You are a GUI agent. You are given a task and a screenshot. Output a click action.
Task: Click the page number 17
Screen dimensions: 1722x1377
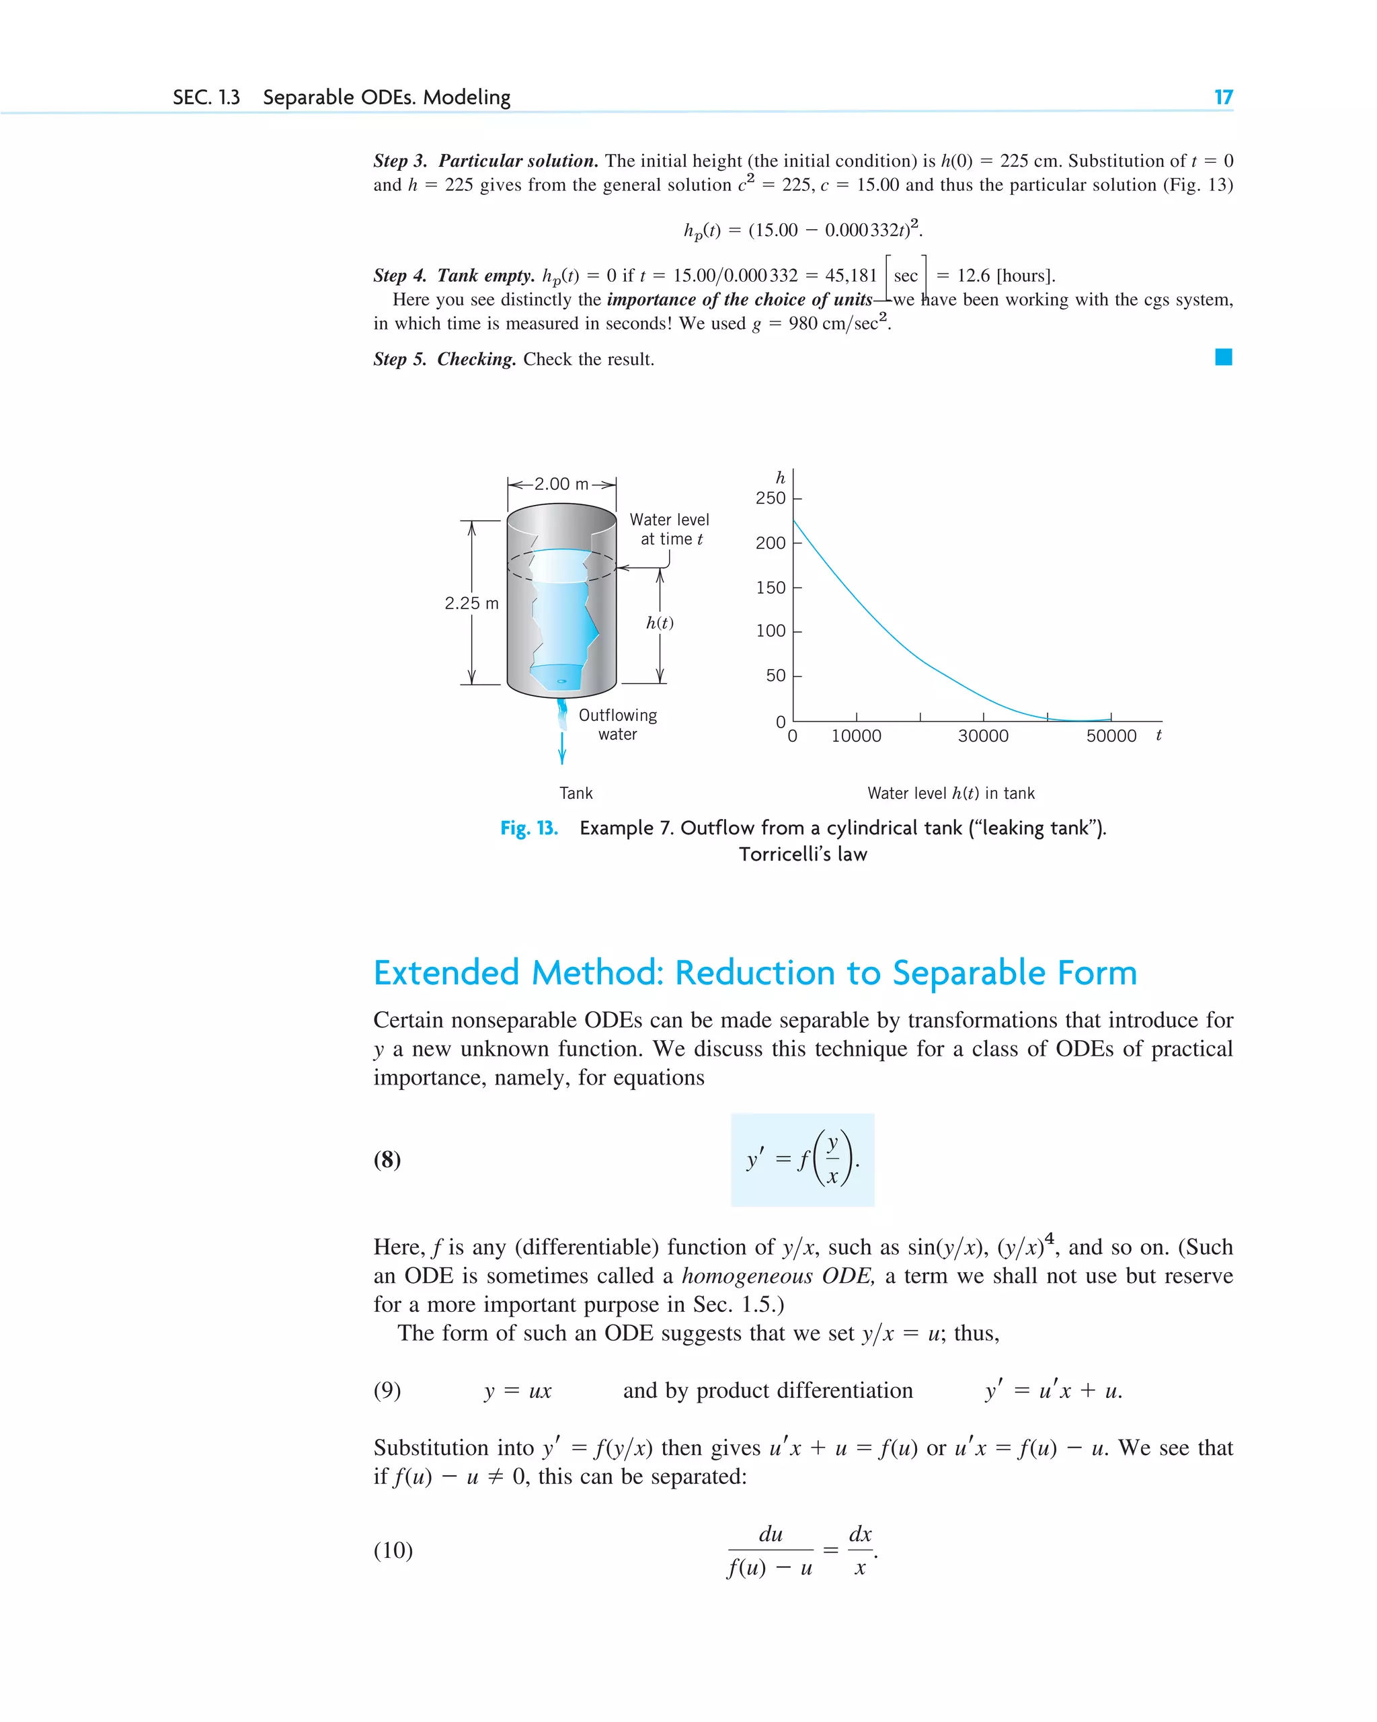pyautogui.click(x=1223, y=97)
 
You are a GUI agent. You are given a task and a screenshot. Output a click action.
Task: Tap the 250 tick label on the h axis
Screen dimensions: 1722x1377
pyautogui.click(x=770, y=498)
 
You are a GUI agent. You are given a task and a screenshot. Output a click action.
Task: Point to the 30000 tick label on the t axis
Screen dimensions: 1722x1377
pyautogui.click(x=982, y=736)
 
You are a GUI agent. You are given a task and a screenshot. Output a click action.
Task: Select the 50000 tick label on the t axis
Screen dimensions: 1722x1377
pyautogui.click(x=1110, y=736)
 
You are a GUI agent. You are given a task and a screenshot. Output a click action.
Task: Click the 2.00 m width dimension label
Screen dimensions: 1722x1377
pyautogui.click(x=561, y=484)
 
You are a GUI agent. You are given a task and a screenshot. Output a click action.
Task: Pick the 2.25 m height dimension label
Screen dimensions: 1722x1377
pyautogui.click(x=471, y=603)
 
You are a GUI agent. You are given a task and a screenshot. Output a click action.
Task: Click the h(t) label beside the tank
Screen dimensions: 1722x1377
pyautogui.click(x=660, y=623)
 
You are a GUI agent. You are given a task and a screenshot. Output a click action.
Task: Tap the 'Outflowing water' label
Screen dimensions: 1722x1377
pyautogui.click(x=617, y=724)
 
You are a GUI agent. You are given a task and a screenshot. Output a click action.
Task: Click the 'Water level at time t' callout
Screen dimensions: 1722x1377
pyautogui.click(x=669, y=529)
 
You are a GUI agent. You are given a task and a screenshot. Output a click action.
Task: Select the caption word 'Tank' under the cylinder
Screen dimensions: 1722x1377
pyautogui.click(x=576, y=793)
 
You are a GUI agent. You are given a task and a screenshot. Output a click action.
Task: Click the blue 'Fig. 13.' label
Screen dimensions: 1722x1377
pyautogui.click(x=528, y=828)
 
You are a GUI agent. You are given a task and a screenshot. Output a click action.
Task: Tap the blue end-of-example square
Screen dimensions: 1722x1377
pyautogui.click(x=1223, y=357)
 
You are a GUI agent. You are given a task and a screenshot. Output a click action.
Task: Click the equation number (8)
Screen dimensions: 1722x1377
pyautogui.click(x=387, y=1159)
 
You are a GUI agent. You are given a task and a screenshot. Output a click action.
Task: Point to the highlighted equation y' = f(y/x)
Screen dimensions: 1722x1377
pyautogui.click(x=803, y=1159)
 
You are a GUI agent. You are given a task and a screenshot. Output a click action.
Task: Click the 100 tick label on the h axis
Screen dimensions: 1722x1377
pyautogui.click(x=770, y=631)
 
